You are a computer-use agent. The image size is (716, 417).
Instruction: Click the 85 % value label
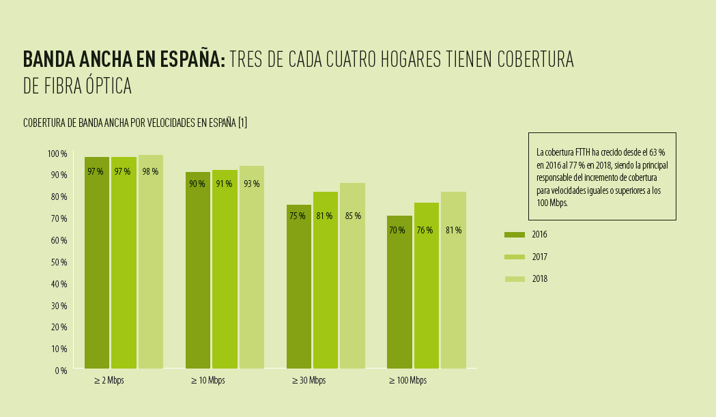353,216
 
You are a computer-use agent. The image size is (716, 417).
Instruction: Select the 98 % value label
150,172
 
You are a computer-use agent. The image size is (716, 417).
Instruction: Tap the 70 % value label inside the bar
397,231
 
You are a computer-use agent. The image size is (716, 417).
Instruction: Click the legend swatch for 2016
515,235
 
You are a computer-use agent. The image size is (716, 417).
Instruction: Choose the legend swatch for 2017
515,257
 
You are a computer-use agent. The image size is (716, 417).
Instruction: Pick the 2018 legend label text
539,278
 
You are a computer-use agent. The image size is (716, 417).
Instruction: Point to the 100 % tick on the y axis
57,154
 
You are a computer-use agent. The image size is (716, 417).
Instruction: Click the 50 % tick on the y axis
59,262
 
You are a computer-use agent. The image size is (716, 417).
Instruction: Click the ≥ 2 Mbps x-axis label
109,381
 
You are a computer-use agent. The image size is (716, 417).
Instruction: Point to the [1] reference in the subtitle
242,123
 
